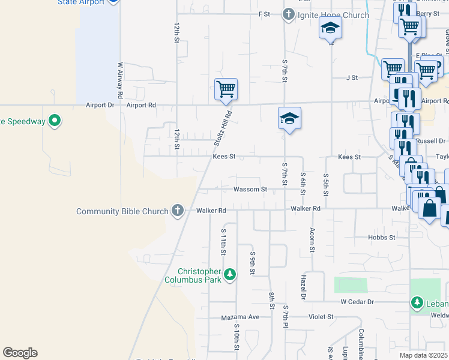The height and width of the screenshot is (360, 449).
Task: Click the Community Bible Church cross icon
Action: (x=177, y=211)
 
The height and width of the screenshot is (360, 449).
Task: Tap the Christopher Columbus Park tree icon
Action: (x=229, y=275)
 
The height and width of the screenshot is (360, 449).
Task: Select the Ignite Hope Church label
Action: (x=333, y=15)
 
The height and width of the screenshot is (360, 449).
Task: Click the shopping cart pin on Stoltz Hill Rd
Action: (x=226, y=90)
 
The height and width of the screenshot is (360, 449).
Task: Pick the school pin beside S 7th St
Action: (x=289, y=119)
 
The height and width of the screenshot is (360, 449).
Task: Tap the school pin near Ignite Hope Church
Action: (x=330, y=29)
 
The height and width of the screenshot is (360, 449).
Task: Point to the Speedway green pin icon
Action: (x=55, y=121)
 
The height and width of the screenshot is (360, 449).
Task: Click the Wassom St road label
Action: (x=250, y=190)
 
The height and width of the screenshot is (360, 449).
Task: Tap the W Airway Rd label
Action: (x=120, y=80)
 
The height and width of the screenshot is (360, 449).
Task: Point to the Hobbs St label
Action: (x=382, y=238)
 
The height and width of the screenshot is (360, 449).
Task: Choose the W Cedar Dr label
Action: (x=357, y=302)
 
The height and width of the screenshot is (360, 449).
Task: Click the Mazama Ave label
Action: (x=240, y=317)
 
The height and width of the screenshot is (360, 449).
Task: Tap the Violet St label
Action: (x=321, y=317)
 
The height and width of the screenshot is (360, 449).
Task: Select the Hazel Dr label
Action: (x=304, y=288)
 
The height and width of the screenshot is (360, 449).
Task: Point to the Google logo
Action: (x=20, y=353)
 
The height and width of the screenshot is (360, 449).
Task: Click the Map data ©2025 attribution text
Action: (x=424, y=355)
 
